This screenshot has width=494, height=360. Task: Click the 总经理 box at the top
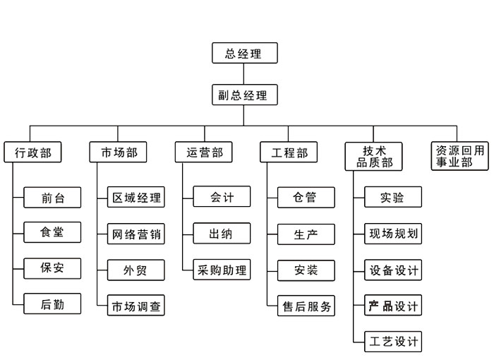pos(245,53)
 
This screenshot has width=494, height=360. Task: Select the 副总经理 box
pos(245,95)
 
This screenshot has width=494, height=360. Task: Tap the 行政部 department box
pos(32,152)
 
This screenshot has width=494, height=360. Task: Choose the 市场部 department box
pos(118,152)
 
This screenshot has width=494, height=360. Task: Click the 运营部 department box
pos(203,152)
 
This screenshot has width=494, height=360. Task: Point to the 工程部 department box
pos(289,152)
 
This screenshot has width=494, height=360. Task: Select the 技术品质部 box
pos(373,157)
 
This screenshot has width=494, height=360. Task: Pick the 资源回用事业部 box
pos(459,156)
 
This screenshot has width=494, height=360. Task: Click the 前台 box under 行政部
pos(52,198)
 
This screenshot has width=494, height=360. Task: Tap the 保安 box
pos(52,268)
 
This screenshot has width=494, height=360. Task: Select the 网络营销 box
pos(136,234)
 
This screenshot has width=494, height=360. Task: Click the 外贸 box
pos(136,270)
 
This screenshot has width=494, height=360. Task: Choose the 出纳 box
pos(222,233)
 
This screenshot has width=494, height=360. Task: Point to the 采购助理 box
pos(222,270)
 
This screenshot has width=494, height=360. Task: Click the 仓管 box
pos(306,198)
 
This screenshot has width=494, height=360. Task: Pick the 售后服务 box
pos(306,306)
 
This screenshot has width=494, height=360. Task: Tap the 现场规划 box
pos(393,234)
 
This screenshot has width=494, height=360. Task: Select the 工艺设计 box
pos(393,342)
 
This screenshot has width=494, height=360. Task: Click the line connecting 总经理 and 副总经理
pos(243,74)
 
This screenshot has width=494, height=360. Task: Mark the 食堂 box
pos(52,232)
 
